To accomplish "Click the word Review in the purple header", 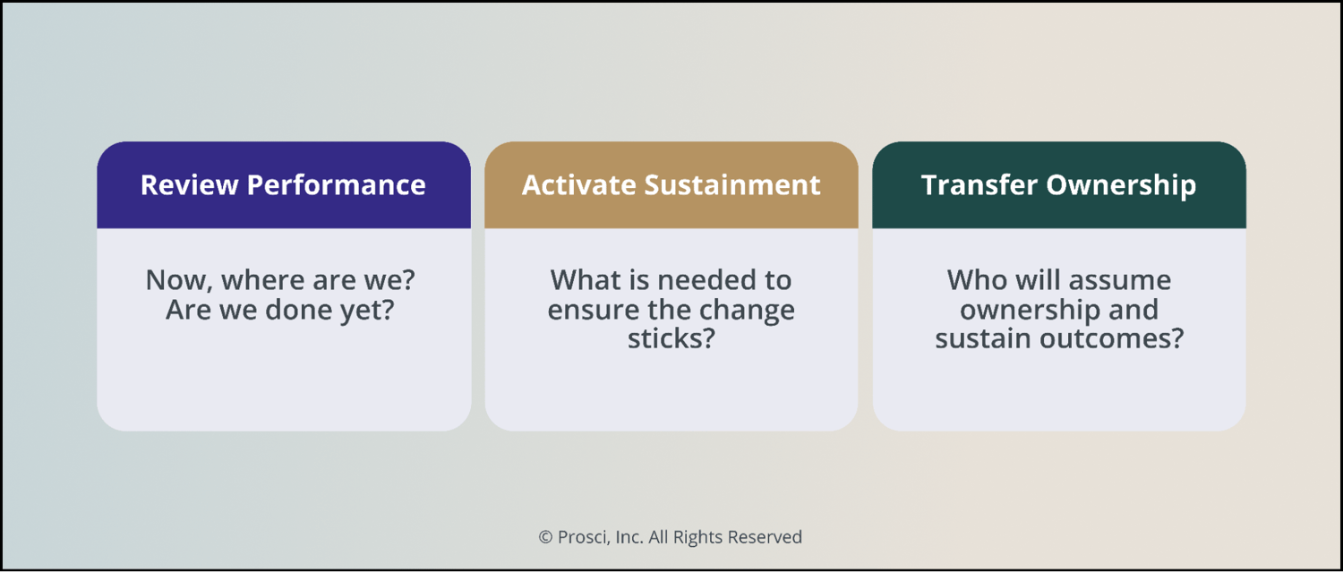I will [x=189, y=185].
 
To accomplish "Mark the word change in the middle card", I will [x=749, y=311].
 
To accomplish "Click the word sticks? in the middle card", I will [x=671, y=340].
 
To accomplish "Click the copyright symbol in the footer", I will [x=545, y=537].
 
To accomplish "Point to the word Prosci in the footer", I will [x=579, y=537].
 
